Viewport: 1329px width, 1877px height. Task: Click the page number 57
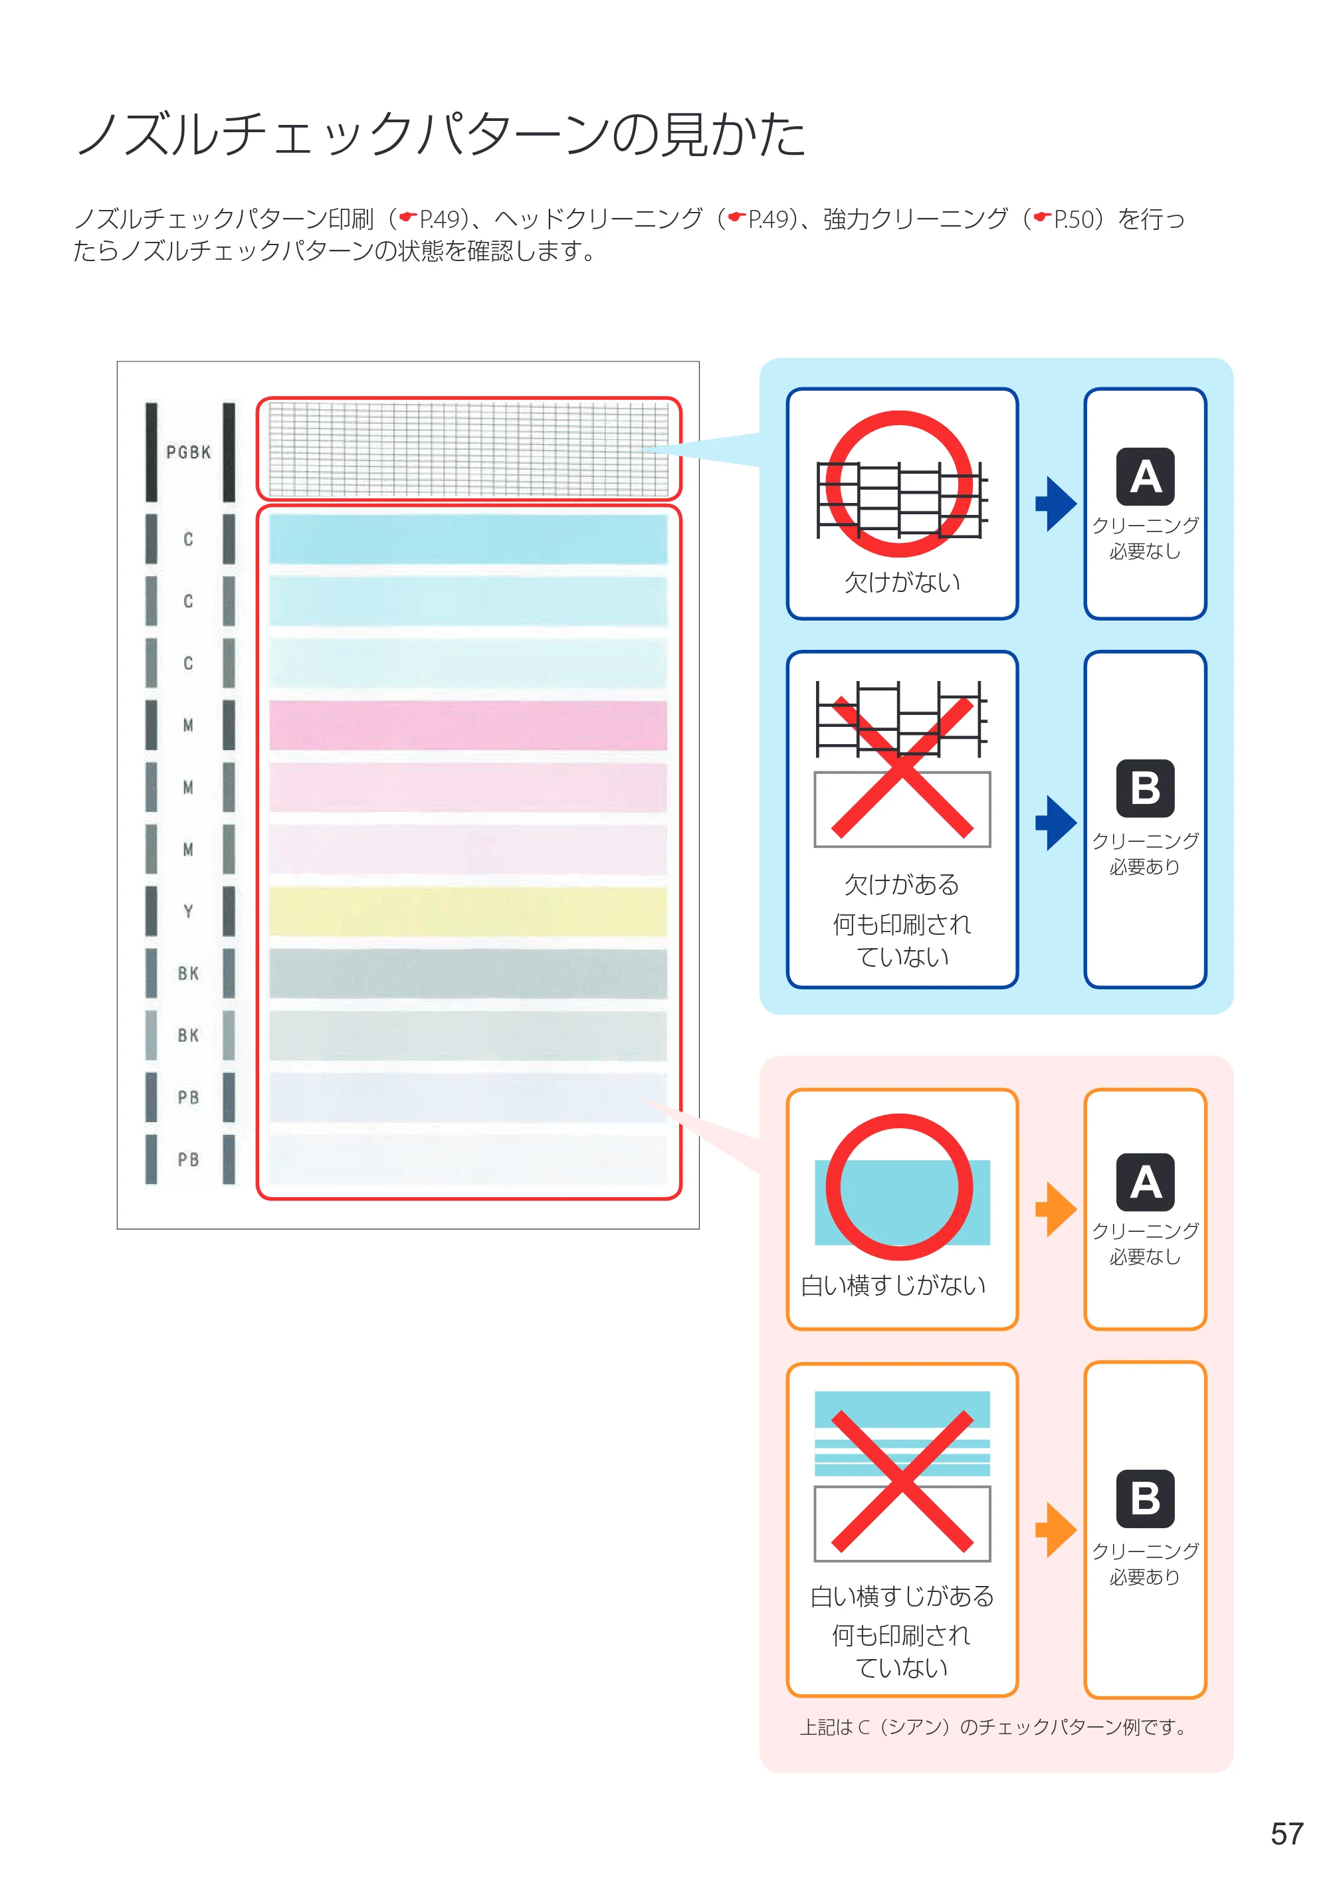1286,1834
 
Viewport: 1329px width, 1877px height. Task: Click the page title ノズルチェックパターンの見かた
441,134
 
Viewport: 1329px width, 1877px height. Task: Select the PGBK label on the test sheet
188,452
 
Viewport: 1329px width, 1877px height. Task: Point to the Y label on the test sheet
188,911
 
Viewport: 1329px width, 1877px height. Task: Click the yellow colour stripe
468,911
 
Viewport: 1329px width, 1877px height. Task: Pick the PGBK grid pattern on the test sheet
468,448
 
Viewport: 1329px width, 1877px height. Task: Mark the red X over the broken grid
902,767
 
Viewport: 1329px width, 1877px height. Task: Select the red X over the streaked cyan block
902,1481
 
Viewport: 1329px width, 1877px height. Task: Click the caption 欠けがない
902,583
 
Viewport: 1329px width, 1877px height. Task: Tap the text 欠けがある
902,884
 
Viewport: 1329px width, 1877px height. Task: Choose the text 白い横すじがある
902,1595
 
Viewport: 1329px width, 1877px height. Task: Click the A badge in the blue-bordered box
1145,476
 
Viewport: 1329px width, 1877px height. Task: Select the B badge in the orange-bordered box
1145,1499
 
